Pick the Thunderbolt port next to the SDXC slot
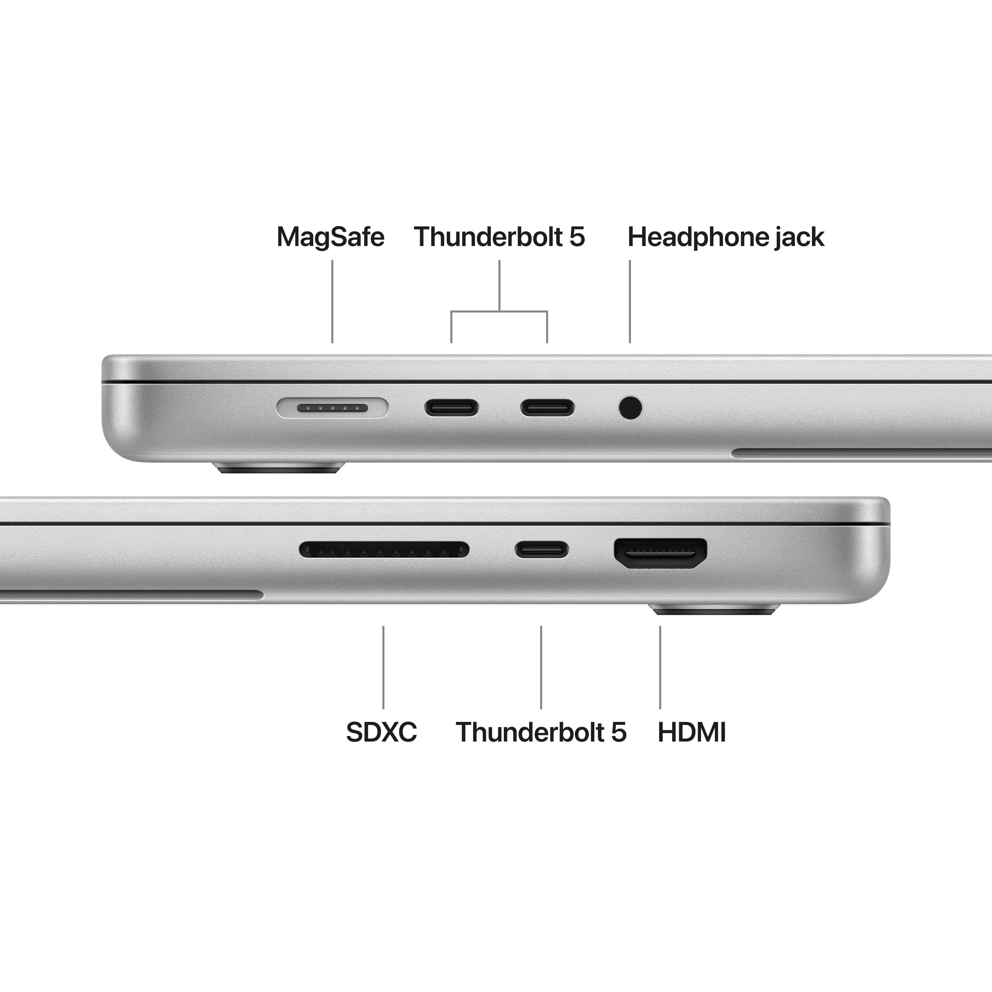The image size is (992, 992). (542, 549)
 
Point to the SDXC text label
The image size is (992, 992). (382, 732)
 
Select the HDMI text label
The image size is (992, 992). (692, 732)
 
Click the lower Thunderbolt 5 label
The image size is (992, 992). (541, 732)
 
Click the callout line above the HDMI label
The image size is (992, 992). (660, 668)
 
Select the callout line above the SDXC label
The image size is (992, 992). (383, 668)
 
